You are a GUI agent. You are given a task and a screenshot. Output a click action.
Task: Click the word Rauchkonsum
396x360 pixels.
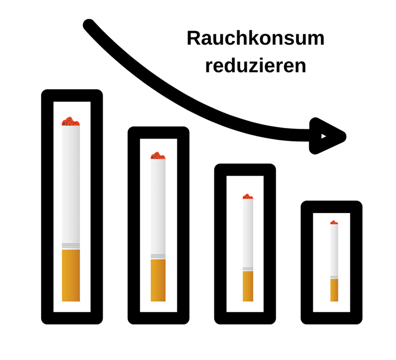(x=256, y=39)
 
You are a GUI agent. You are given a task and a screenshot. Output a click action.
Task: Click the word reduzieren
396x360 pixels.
(x=256, y=66)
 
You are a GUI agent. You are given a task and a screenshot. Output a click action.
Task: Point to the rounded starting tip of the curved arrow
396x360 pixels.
(x=89, y=24)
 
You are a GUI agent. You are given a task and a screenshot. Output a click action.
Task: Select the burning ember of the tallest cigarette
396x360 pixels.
(x=70, y=122)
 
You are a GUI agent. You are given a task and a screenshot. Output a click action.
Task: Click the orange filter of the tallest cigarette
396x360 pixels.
(x=71, y=275)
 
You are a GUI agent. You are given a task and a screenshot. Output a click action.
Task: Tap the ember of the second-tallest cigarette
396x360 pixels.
(x=157, y=156)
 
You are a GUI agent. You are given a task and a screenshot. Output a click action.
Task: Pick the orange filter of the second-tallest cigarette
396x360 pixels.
(x=158, y=280)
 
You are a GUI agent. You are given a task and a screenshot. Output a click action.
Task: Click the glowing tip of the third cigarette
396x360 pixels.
(x=248, y=197)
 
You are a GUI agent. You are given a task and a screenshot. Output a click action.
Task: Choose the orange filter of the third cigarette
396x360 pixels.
(x=248, y=286)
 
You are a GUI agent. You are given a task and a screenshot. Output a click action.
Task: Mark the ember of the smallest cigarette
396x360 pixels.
(x=334, y=223)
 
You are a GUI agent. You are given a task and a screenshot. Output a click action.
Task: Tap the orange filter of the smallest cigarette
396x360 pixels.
(x=334, y=290)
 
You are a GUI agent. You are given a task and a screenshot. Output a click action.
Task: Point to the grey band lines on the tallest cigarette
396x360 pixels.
(x=71, y=246)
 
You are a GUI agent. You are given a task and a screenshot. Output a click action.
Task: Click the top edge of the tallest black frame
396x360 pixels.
(x=72, y=96)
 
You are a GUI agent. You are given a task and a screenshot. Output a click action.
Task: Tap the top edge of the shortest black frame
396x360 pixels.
(x=332, y=207)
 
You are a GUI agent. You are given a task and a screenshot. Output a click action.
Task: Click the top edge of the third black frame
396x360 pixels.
(x=245, y=170)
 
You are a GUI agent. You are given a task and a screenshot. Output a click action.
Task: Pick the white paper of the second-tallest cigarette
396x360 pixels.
(x=158, y=206)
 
